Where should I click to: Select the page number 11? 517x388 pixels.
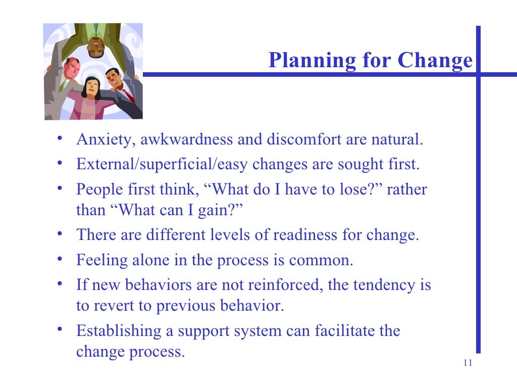click(467, 363)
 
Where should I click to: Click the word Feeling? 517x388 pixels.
click(100, 260)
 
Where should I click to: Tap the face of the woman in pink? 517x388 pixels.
click(90, 86)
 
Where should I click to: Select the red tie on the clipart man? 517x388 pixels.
click(128, 94)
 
